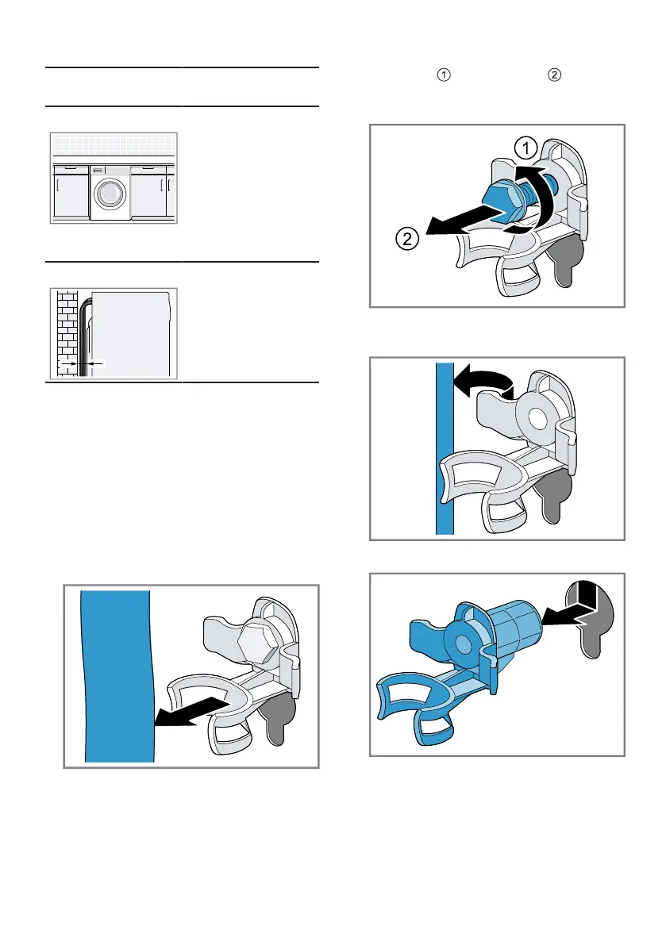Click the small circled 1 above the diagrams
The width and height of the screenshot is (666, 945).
444,75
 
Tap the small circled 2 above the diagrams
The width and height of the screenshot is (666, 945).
554,75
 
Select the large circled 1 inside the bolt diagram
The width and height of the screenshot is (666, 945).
525,148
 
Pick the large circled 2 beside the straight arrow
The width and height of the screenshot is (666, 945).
407,240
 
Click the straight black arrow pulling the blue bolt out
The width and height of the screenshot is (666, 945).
464,221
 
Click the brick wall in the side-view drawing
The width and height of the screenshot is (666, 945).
67,334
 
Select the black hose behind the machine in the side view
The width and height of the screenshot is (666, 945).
84,337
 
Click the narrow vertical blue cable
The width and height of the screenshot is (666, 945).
445,448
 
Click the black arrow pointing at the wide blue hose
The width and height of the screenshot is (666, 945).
193,712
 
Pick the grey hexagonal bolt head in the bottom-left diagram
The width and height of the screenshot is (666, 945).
256,643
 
